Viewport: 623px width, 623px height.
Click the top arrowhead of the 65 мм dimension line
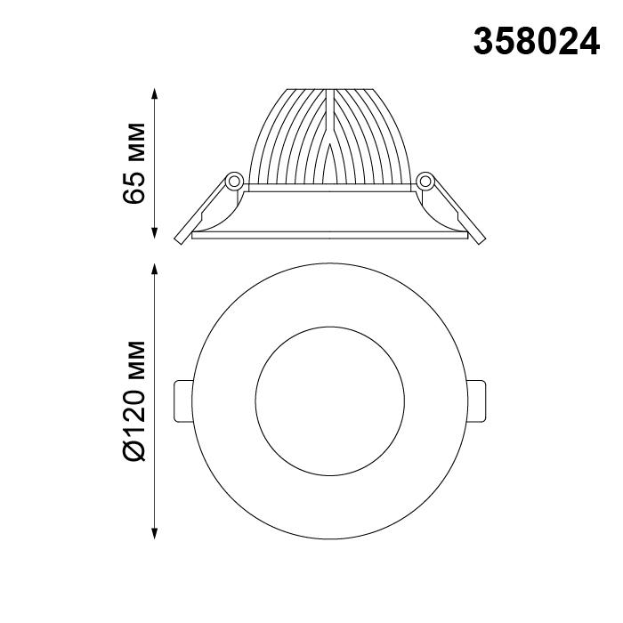[x=157, y=93]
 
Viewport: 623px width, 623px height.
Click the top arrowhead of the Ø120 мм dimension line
[x=157, y=270]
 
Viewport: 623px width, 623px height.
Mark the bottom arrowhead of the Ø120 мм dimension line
[x=157, y=533]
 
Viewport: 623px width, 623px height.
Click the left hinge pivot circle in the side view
[x=234, y=180]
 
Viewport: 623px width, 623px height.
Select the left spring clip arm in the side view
[x=203, y=210]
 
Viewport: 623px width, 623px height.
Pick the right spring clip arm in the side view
[x=455, y=211]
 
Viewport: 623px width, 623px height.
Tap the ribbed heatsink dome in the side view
[x=294, y=142]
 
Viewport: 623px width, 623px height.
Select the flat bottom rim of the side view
[x=330, y=236]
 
